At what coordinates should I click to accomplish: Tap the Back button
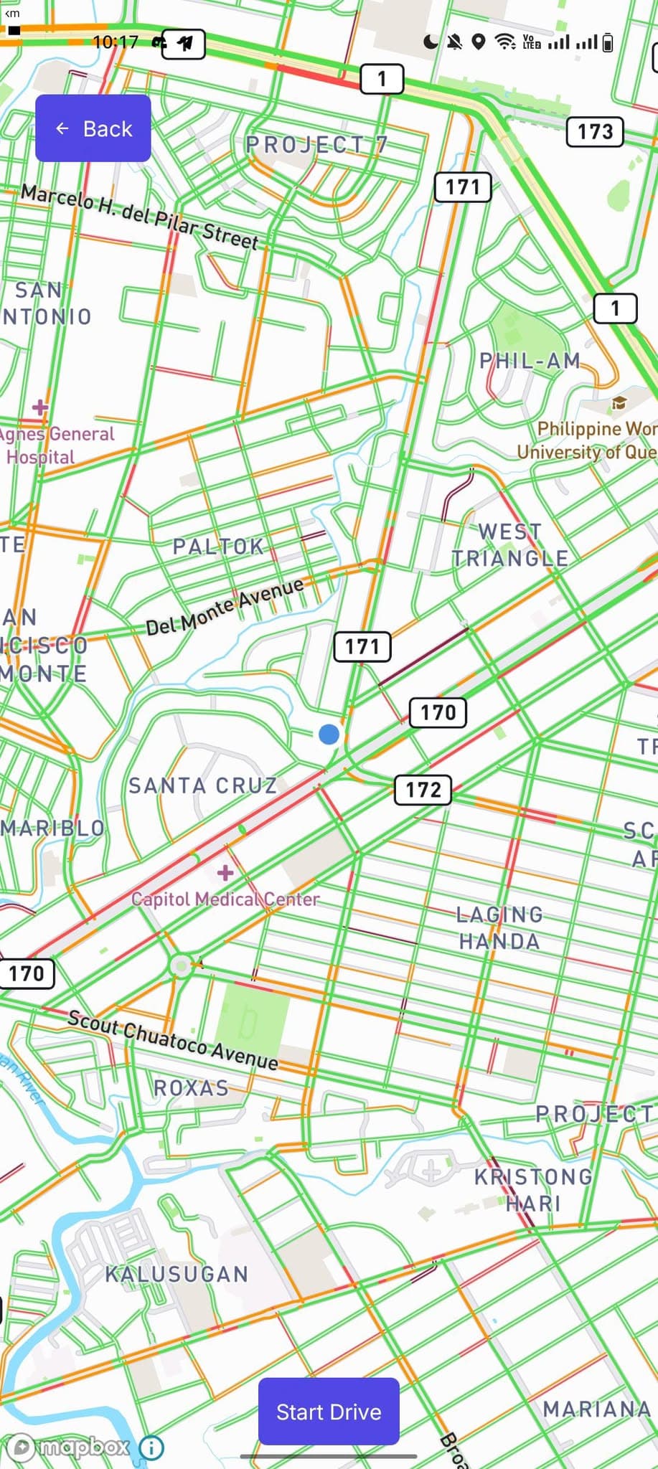(x=93, y=128)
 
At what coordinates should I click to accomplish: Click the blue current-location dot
(x=329, y=734)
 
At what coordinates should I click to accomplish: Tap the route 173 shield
(x=595, y=131)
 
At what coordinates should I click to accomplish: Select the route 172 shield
(x=423, y=790)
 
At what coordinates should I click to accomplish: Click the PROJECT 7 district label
(x=316, y=145)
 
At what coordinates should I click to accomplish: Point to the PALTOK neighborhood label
(x=218, y=547)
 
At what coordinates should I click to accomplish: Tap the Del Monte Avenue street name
(x=225, y=606)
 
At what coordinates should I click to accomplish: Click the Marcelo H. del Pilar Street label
(x=139, y=215)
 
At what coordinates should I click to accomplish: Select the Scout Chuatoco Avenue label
(x=172, y=1040)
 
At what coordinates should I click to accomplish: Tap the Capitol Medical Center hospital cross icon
(x=225, y=872)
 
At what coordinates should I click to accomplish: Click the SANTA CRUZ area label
(x=202, y=785)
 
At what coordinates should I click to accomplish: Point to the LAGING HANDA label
(x=499, y=927)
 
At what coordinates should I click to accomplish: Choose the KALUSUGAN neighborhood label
(x=177, y=1274)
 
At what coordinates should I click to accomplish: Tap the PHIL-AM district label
(x=530, y=360)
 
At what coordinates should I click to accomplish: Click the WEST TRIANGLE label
(x=510, y=544)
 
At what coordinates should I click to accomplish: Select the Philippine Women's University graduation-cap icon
(x=619, y=403)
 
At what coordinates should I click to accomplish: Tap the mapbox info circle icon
(x=151, y=1447)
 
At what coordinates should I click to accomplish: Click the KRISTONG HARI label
(x=533, y=1189)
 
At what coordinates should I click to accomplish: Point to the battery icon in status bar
(x=608, y=42)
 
